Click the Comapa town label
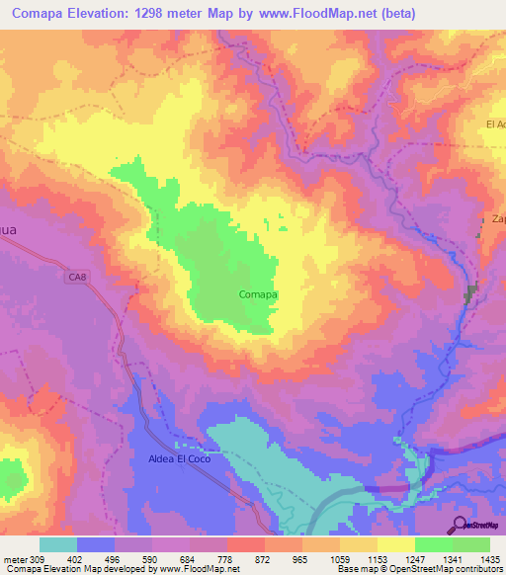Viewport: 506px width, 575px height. [x=258, y=294]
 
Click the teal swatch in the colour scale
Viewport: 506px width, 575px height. [x=58, y=544]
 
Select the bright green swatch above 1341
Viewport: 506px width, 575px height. [x=434, y=544]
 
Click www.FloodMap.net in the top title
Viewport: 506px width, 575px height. [x=321, y=14]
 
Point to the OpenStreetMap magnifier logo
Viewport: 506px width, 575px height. [x=460, y=525]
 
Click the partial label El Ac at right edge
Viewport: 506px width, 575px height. [x=495, y=124]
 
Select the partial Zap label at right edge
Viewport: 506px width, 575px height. [x=497, y=219]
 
